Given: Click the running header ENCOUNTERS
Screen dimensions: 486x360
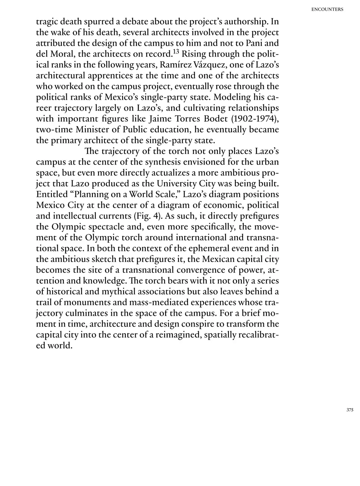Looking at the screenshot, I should point(327,9).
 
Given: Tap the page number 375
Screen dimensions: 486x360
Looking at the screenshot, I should point(350,410).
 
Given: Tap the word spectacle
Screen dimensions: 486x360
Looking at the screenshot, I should point(102,227).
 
